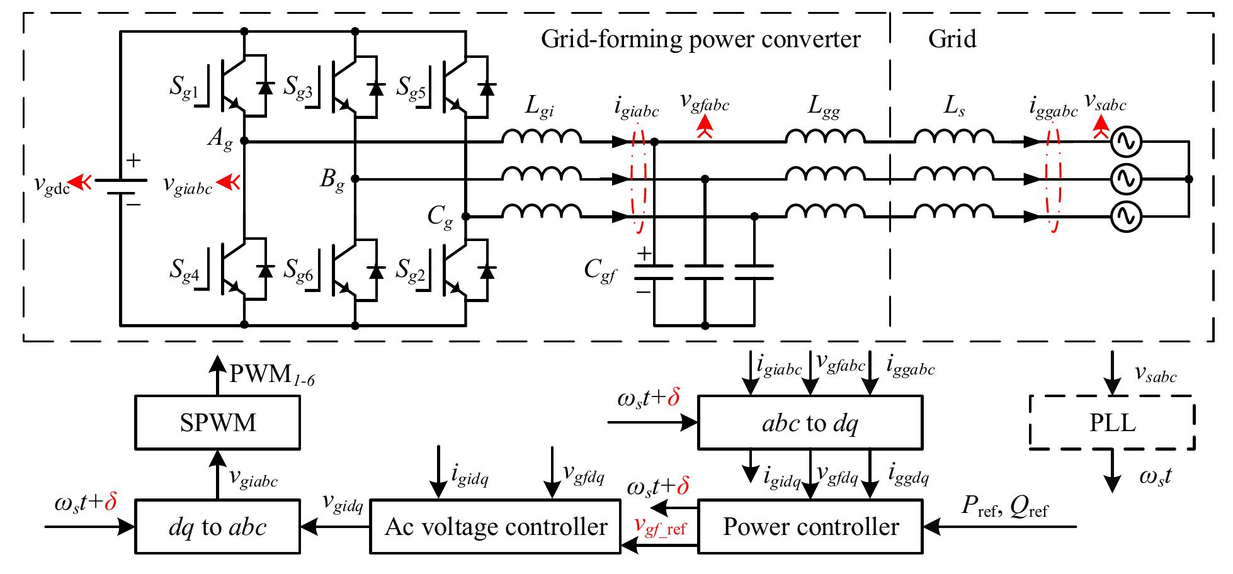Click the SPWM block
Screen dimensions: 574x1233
[217, 422]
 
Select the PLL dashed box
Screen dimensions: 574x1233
[1112, 422]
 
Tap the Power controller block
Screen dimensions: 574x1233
[810, 527]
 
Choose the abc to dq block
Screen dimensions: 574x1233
[810, 422]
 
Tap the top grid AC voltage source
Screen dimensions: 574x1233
[1125, 143]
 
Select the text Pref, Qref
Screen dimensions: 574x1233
[1004, 507]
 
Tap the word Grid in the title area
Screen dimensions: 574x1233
[952, 39]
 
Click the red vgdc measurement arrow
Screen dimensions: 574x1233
[81, 183]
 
